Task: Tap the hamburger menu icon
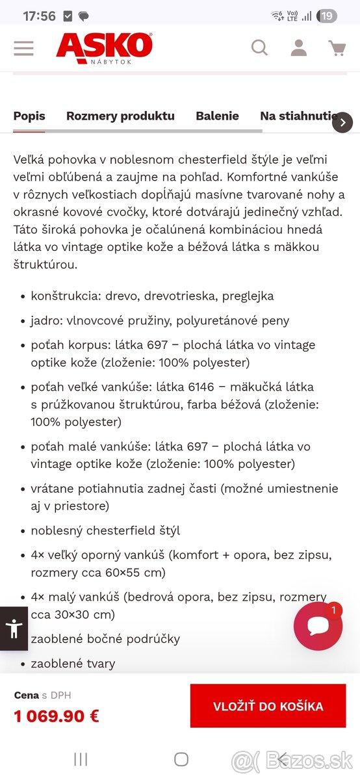point(23,48)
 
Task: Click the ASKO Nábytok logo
point(104,47)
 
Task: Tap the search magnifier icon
point(259,47)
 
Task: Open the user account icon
point(298,47)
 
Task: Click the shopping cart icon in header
point(337,47)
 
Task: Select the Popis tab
point(29,116)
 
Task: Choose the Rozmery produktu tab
point(120,116)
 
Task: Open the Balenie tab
point(217,116)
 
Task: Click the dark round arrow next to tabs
point(342,122)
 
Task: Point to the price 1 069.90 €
point(57,716)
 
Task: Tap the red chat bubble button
point(318,626)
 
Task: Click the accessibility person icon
point(14,628)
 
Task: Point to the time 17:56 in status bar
point(39,16)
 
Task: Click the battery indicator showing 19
point(328,16)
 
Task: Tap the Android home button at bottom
point(181,759)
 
